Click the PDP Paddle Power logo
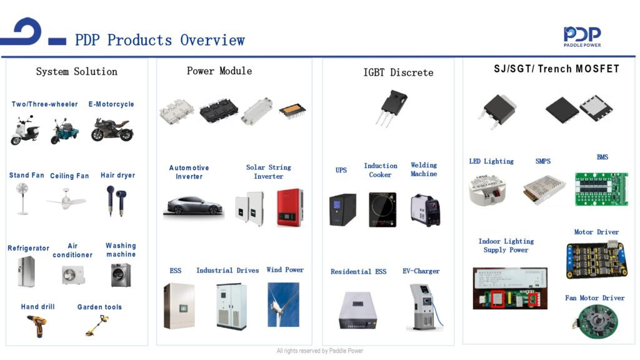[582, 37]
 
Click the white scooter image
[25, 130]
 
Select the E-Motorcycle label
[111, 104]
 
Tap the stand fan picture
[22, 199]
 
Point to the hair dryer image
[116, 201]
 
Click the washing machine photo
[121, 275]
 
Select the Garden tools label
[99, 307]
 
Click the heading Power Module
[219, 71]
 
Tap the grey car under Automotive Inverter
[193, 205]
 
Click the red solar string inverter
[290, 207]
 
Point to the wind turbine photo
[283, 304]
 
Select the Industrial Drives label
[227, 270]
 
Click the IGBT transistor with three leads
[391, 107]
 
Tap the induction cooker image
[382, 209]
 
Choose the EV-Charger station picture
[424, 307]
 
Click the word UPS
[341, 170]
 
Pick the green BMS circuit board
[601, 189]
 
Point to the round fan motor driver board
[595, 321]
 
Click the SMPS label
[543, 161]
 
